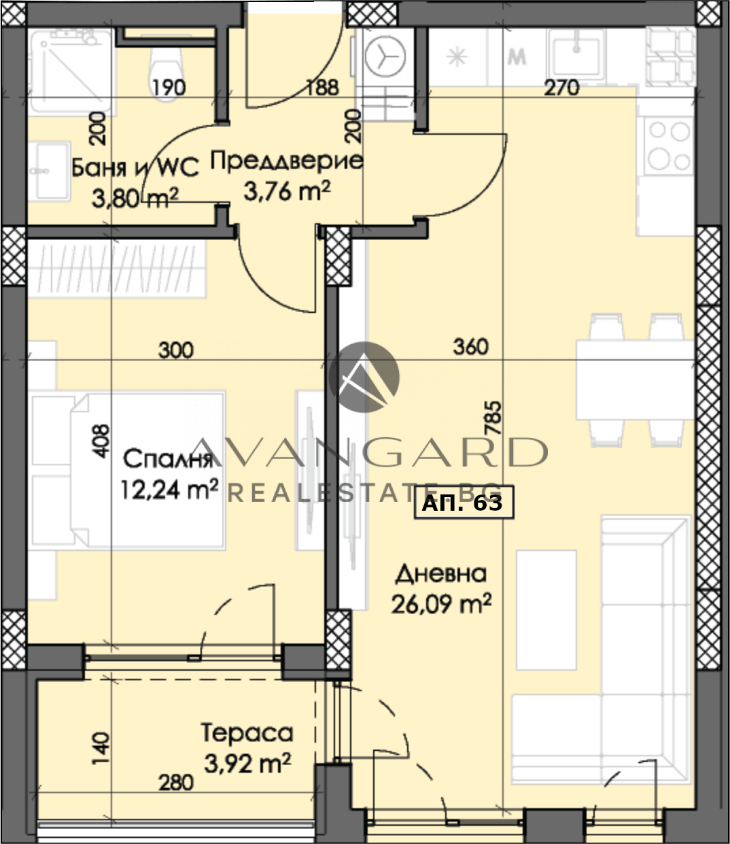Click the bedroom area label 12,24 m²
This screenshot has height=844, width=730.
pyautogui.click(x=169, y=490)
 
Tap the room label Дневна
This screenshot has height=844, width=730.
pyautogui.click(x=441, y=574)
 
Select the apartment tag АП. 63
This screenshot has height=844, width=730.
pyautogui.click(x=464, y=503)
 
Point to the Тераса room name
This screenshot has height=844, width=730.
pyautogui.click(x=247, y=732)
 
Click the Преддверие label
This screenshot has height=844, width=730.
pyautogui.click(x=286, y=161)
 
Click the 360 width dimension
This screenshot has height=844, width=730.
pyautogui.click(x=470, y=347)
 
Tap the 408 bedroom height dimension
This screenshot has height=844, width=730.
pyautogui.click(x=101, y=441)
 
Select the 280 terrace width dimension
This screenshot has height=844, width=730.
pyautogui.click(x=176, y=783)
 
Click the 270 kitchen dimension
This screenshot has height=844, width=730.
pyautogui.click(x=561, y=88)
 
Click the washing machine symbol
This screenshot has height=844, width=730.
pyautogui.click(x=385, y=56)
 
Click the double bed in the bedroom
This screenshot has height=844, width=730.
pyautogui.click(x=128, y=470)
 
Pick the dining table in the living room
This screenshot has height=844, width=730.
pyautogui.click(x=635, y=380)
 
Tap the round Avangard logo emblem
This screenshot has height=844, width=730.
pyautogui.click(x=364, y=377)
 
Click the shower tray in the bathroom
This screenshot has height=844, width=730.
pyautogui.click(x=72, y=72)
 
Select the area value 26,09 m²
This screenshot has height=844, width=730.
pyautogui.click(x=441, y=604)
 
